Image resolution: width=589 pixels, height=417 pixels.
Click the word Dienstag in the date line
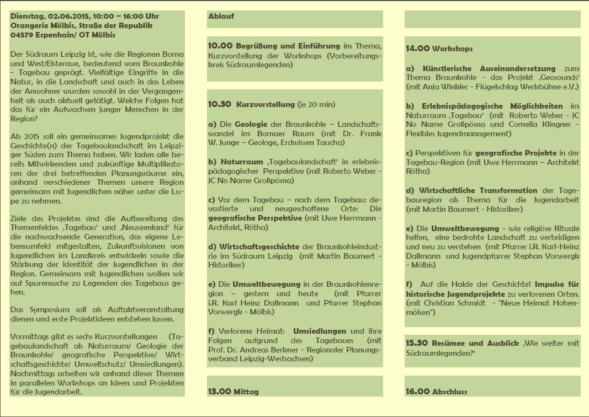(26, 16)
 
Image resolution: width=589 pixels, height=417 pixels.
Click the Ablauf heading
(221, 16)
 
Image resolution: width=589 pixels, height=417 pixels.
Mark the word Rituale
(565, 228)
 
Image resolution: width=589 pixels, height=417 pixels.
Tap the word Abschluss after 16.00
(450, 392)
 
